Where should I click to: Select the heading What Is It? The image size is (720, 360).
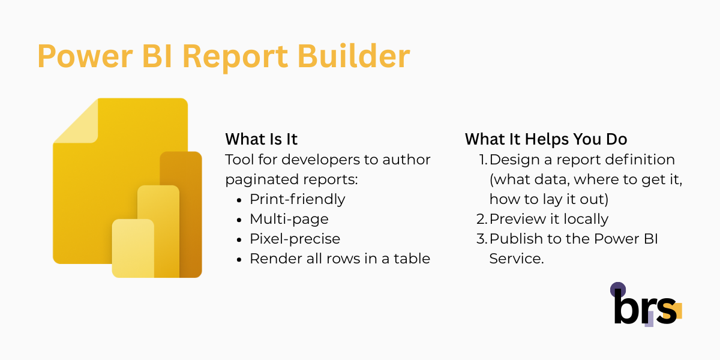tap(262, 139)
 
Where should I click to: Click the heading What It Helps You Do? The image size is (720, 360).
tap(546, 139)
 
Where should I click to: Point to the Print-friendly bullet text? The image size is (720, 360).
tap(298, 199)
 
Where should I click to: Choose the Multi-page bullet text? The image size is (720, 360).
tap(289, 219)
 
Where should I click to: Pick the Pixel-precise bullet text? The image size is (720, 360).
tap(295, 239)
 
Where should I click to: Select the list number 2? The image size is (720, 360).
tap(482, 219)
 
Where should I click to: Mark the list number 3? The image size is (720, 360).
tap(482, 239)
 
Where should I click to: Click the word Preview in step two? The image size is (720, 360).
tap(514, 219)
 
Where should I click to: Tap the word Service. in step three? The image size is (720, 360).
tap(517, 259)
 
